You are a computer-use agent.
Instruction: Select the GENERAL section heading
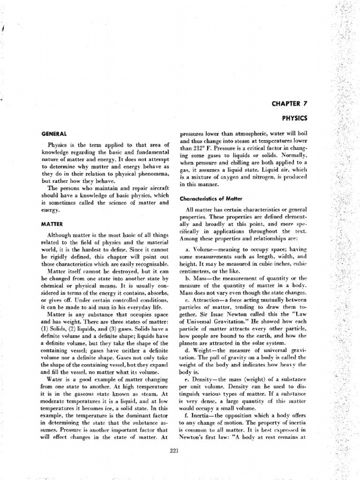pos(54,134)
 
